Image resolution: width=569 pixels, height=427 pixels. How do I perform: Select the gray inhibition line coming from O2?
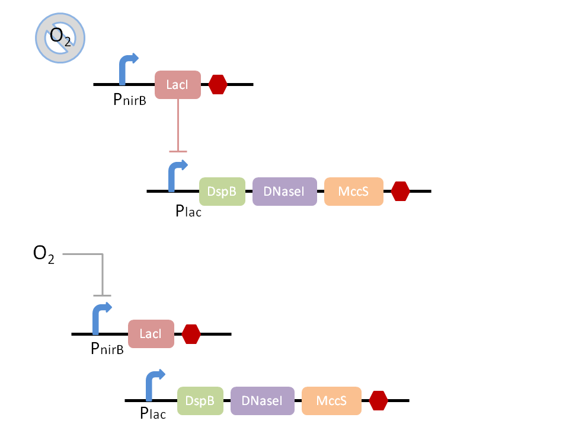point(103,273)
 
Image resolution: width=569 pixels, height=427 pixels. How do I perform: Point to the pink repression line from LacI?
point(178,125)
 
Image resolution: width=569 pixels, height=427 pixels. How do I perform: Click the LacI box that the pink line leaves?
point(178,85)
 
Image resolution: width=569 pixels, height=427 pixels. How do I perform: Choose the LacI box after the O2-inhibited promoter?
point(151,334)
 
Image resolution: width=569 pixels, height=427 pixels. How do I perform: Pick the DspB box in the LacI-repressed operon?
point(222,192)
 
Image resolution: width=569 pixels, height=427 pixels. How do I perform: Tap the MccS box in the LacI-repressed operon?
point(353,192)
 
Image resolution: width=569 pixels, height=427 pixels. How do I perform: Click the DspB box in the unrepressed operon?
point(200,401)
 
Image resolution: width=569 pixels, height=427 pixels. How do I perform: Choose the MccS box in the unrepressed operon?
point(331,401)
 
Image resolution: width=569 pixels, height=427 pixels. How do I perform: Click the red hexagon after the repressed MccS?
point(401,191)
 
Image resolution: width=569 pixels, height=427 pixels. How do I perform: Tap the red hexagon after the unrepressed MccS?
point(378,401)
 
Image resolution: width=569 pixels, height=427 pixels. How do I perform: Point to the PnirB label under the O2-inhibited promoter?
point(107,349)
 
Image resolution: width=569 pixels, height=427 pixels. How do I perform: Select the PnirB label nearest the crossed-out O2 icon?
point(130,100)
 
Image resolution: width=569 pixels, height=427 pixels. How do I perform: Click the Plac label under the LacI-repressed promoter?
point(188,211)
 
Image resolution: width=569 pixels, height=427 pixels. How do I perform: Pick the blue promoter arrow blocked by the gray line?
point(100,318)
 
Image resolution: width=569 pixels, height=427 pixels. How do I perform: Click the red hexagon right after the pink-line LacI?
point(218,84)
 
